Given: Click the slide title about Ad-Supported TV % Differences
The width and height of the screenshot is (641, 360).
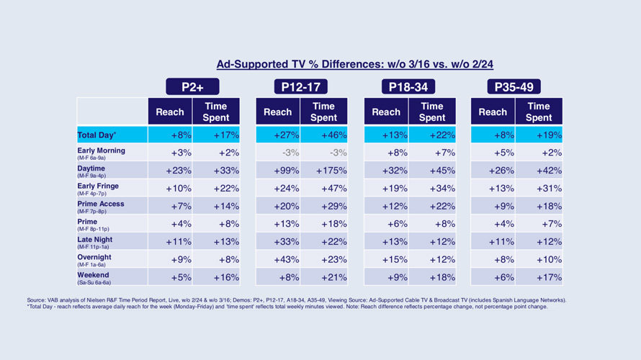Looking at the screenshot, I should (x=354, y=64).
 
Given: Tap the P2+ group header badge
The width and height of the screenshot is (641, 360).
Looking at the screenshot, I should (x=192, y=87).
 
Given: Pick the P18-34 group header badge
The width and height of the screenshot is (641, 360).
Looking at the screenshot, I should (x=408, y=87).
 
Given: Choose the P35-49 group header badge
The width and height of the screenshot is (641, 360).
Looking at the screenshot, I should (x=514, y=87).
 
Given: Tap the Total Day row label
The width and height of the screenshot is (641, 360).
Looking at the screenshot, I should (x=97, y=135).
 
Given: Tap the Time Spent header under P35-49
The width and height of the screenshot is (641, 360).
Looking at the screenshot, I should (x=539, y=112).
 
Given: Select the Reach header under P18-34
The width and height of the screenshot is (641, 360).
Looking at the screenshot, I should (x=386, y=112).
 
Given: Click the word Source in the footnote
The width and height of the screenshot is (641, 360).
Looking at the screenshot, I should (x=36, y=300).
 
